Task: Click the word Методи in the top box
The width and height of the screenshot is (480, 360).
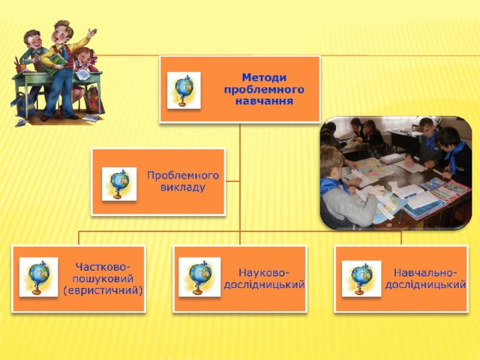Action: click(x=264, y=77)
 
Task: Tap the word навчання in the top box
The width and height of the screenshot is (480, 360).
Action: click(x=264, y=101)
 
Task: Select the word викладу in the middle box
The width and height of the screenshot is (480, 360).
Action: click(x=183, y=187)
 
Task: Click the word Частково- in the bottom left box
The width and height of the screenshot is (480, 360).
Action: click(x=100, y=267)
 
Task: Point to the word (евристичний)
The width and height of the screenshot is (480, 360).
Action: click(x=103, y=290)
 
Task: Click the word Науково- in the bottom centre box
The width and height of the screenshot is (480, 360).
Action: click(x=264, y=272)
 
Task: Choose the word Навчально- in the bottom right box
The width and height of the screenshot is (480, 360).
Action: click(x=425, y=272)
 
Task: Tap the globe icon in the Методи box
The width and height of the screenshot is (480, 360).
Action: click(x=184, y=90)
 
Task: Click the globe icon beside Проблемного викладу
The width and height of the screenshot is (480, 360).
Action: click(x=119, y=184)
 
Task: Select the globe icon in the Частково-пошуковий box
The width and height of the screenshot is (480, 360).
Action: click(x=38, y=277)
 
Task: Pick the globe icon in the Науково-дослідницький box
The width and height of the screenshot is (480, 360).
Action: click(x=199, y=277)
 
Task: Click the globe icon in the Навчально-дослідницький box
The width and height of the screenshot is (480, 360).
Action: click(x=361, y=278)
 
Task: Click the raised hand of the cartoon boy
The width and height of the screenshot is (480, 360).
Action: click(x=91, y=32)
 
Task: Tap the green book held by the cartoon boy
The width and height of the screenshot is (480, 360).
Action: click(x=56, y=64)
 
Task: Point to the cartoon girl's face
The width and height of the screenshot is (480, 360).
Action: click(x=82, y=57)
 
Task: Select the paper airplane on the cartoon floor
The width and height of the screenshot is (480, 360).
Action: click(x=22, y=123)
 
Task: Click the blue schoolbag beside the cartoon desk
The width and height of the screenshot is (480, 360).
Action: click(x=24, y=105)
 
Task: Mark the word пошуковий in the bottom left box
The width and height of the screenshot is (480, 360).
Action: click(x=103, y=278)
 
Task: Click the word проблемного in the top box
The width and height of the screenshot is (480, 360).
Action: click(x=264, y=89)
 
